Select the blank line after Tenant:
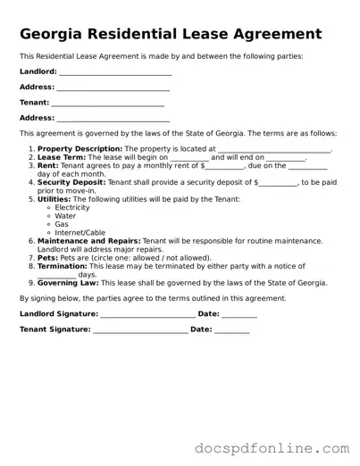coord(109,103)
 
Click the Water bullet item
coord(65,216)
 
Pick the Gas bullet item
coord(62,224)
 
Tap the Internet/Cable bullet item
coord(80,233)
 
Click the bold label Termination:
coord(62,266)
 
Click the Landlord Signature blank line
coord(147,314)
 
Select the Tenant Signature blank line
coord(140,330)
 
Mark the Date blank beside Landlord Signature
coord(239,314)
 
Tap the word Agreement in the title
coord(269,35)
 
